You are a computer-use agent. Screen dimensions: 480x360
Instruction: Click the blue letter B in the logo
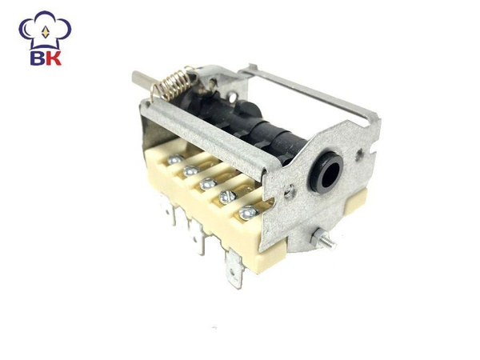coord(38,58)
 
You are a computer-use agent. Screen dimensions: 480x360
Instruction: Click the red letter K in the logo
coord(54,58)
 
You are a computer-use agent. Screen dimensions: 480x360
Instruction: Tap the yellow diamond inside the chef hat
coord(46,32)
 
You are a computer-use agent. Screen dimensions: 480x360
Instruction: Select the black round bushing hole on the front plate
coord(326,172)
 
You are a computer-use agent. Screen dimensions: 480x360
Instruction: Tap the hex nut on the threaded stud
coord(318,238)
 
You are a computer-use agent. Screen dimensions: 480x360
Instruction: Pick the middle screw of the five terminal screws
coord(208,183)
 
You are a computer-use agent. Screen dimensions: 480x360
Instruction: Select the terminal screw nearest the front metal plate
coord(248,212)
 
